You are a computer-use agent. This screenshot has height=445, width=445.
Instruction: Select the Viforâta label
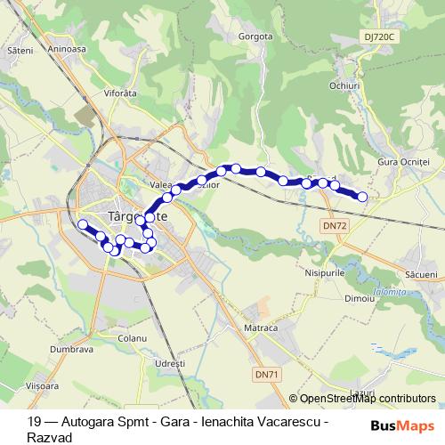tap(123, 92)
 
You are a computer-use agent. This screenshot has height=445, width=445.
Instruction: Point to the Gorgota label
tap(255, 37)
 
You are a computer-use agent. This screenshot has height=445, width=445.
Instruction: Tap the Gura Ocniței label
tap(403, 161)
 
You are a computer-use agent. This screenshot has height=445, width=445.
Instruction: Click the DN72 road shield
tap(335, 226)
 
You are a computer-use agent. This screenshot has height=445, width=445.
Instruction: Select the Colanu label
tap(132, 338)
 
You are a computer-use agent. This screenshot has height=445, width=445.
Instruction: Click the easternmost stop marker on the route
tap(362, 197)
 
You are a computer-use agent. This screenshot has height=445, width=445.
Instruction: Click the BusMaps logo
tap(409, 426)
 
